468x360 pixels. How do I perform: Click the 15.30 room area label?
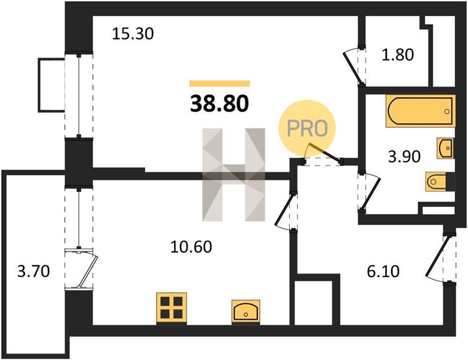point(133,34)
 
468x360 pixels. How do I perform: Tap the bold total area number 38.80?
point(220,104)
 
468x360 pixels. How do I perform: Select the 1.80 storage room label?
point(398,55)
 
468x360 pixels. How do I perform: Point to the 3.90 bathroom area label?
point(404,157)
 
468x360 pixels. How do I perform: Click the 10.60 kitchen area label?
point(191,247)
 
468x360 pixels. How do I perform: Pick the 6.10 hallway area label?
point(383,272)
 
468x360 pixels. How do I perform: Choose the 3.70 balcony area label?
point(34,272)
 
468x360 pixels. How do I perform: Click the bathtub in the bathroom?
point(420,111)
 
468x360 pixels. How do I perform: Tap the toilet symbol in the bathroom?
point(436,181)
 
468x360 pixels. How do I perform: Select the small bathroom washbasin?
point(446,148)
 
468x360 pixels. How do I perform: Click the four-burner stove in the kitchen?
point(172,308)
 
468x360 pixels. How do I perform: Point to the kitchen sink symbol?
point(246,311)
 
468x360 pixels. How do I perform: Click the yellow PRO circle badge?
point(307,128)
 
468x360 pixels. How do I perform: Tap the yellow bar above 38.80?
point(220,83)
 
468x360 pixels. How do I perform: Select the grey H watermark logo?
point(234,175)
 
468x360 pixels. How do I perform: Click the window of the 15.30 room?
point(79,95)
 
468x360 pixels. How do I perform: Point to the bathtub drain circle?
point(447,112)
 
